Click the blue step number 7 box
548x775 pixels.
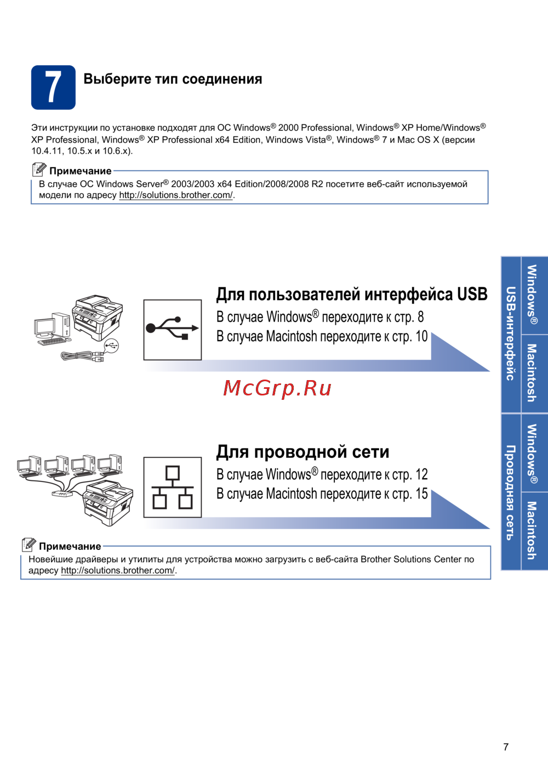coord(53,87)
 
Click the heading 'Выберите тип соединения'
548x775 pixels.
coord(173,79)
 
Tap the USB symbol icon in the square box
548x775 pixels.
coord(173,330)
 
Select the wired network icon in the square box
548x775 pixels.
coord(173,487)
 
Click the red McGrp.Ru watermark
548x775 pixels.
coord(277,388)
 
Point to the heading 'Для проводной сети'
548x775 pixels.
coord(303,452)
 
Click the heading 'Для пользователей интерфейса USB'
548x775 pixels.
coord(352,295)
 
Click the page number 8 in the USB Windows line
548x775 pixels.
coord(421,317)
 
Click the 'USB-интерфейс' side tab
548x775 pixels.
coord(511,334)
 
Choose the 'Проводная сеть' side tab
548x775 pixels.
coord(511,492)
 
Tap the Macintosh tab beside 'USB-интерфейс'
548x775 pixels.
coord(534,374)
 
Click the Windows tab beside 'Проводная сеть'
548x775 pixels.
coord(534,453)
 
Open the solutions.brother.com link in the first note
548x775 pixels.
coord(176,195)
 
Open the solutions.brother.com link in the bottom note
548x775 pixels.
coord(118,571)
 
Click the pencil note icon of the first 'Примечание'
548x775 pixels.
coord(39,170)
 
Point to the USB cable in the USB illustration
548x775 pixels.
coord(82,356)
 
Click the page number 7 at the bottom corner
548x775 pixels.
coord(506,747)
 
